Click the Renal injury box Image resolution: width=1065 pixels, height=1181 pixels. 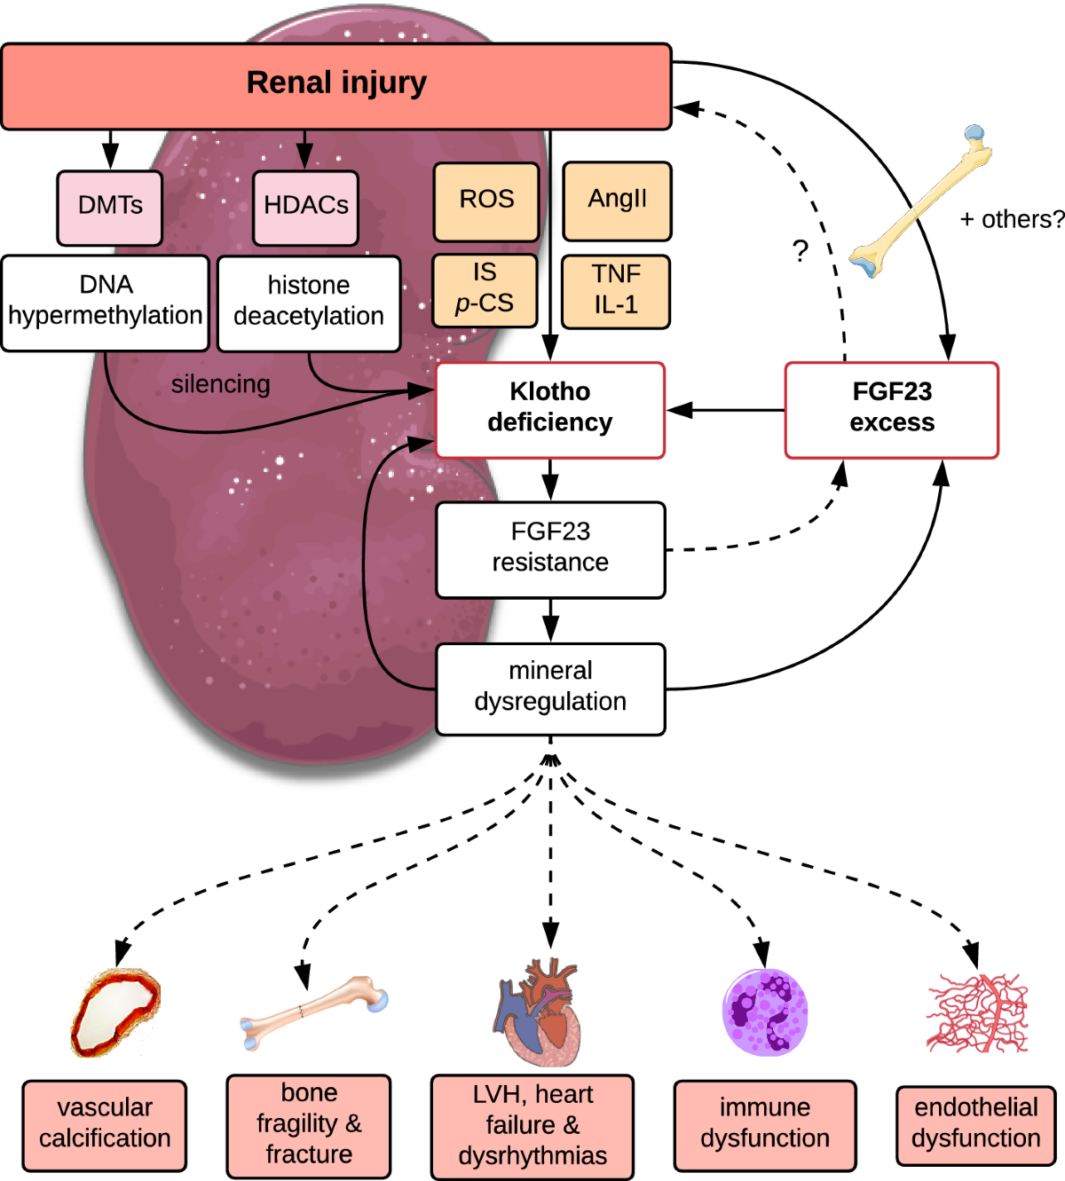(335, 86)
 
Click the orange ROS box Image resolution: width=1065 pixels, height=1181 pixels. (485, 201)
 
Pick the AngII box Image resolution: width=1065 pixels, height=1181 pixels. (617, 201)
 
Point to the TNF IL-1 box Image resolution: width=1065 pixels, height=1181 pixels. (616, 291)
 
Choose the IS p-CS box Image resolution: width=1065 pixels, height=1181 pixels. (485, 290)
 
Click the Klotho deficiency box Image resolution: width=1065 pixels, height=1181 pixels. (549, 409)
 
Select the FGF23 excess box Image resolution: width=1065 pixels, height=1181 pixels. (891, 409)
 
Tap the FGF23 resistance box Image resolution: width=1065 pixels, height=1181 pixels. (549, 549)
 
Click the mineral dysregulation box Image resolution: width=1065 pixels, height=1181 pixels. (549, 689)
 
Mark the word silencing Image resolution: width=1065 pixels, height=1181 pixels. (220, 384)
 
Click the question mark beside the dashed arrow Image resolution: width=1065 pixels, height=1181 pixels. (801, 251)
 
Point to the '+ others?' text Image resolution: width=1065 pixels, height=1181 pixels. (1011, 219)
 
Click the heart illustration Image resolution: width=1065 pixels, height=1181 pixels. (539, 1012)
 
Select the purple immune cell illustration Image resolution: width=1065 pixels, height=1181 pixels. (764, 1012)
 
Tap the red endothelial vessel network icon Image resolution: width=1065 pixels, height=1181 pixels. (976, 1013)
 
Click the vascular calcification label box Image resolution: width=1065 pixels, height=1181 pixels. (105, 1125)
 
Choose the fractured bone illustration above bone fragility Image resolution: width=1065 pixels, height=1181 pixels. (312, 1012)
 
